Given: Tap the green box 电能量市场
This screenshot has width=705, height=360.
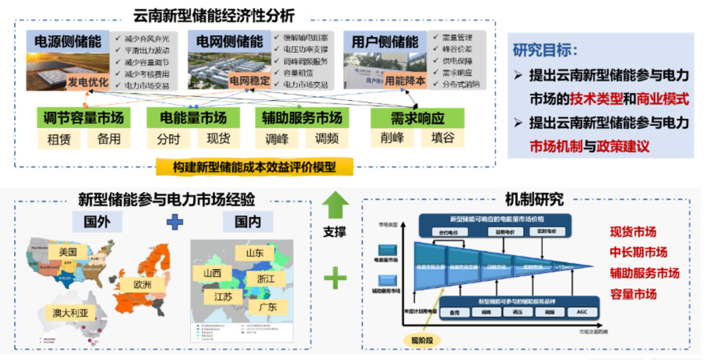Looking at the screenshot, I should pyautogui.click(x=193, y=118).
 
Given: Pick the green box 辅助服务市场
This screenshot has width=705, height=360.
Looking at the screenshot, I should pyautogui.click(x=302, y=118).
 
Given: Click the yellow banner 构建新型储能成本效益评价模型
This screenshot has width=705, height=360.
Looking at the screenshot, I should pyautogui.click(x=254, y=167).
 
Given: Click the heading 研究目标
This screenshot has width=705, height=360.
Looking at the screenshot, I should pyautogui.click(x=546, y=50).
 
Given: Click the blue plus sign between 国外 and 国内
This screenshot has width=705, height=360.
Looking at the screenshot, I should pyautogui.click(x=176, y=221).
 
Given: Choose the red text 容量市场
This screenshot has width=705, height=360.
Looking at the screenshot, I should pyautogui.click(x=634, y=294).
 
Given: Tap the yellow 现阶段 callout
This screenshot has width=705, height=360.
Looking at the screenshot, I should pyautogui.click(x=419, y=339).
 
